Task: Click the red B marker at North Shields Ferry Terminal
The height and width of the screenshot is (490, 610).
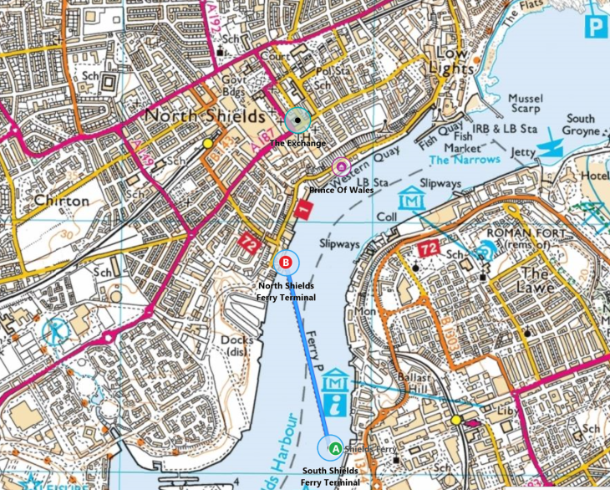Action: click(x=286, y=263)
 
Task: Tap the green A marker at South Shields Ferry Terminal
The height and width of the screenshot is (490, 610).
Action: click(x=334, y=449)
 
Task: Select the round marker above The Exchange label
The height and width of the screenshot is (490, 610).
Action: click(x=297, y=120)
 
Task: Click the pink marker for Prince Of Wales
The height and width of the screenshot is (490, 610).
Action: click(x=340, y=167)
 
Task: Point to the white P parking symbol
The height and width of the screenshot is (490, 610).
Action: click(x=595, y=28)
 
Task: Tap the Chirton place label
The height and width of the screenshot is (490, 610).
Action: click(x=62, y=201)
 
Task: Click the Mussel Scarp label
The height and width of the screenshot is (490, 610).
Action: click(x=525, y=104)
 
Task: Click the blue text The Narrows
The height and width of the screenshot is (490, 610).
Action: click(x=465, y=159)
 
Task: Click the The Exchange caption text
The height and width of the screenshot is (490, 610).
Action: click(x=297, y=143)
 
